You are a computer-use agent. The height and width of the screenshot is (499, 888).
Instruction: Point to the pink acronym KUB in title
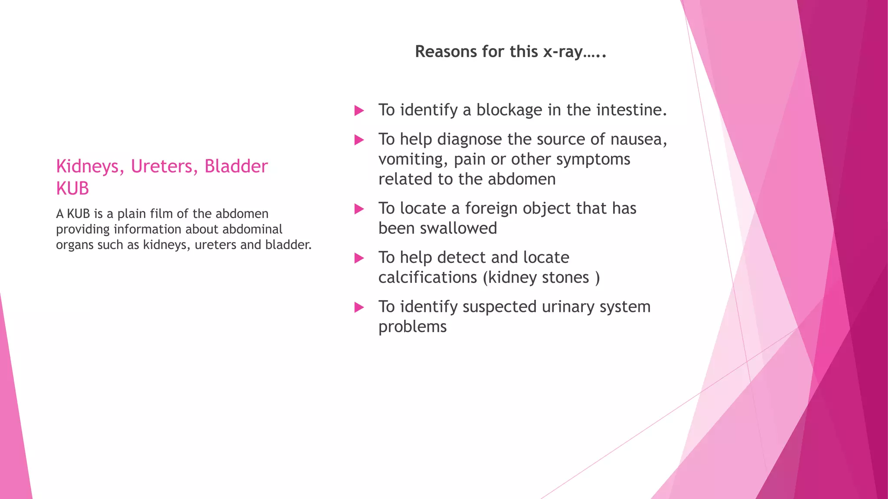[x=72, y=189]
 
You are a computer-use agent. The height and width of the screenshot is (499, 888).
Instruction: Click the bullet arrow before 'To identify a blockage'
[x=359, y=110]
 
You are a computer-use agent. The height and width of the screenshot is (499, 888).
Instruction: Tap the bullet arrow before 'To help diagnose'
[x=359, y=140]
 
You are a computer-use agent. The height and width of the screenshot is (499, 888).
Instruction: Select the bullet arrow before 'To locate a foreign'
[x=359, y=209]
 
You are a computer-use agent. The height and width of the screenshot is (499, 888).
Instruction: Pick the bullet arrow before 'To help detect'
[x=359, y=258]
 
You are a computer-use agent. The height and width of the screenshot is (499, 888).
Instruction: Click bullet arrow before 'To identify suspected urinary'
[x=359, y=308]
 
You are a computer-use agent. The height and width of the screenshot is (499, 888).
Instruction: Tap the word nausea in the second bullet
[x=638, y=139]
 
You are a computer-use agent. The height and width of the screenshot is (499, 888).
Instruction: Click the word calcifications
[x=427, y=278]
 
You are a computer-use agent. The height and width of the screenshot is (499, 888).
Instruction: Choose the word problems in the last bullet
[x=412, y=327]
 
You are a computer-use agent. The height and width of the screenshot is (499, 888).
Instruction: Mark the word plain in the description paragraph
[x=132, y=214]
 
